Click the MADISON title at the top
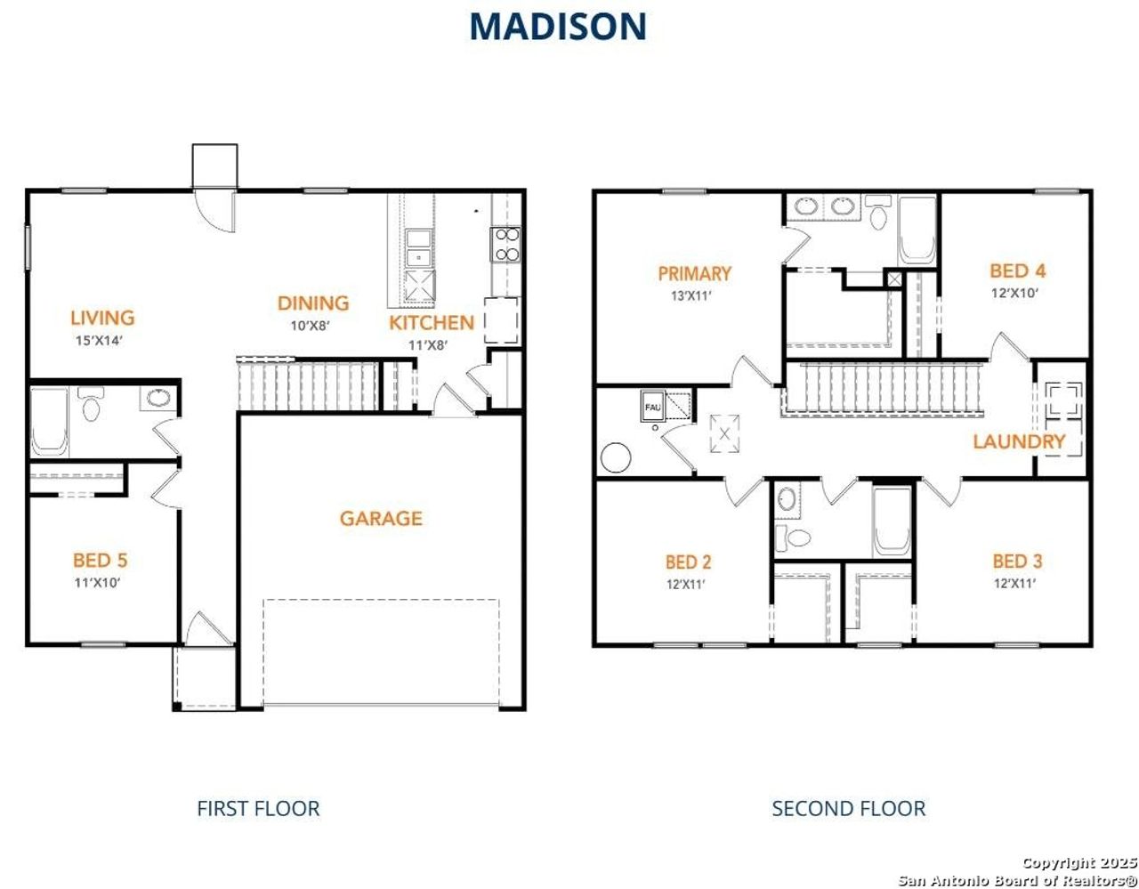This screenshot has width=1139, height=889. coord(558,27)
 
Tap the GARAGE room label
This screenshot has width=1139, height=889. coord(381,518)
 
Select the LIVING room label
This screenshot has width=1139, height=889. coord(102,318)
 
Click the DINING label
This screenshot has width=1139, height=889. coord(312,303)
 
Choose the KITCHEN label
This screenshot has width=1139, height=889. coord(432,323)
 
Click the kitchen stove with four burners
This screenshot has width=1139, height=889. coord(505,245)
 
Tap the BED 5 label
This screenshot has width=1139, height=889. coord(100,561)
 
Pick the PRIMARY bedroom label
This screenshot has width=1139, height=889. coord(694,274)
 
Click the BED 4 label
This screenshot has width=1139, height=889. coord(1017,271)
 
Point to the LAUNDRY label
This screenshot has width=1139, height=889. coord(1019,441)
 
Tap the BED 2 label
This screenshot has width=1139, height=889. coord(688,562)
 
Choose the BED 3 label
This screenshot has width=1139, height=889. coord(1017,562)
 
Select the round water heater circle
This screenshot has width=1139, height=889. coord(616,457)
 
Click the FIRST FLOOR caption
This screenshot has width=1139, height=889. coord(258,808)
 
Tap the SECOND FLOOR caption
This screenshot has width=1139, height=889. coord(848,808)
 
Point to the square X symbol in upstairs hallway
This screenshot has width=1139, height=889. coord(724,434)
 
